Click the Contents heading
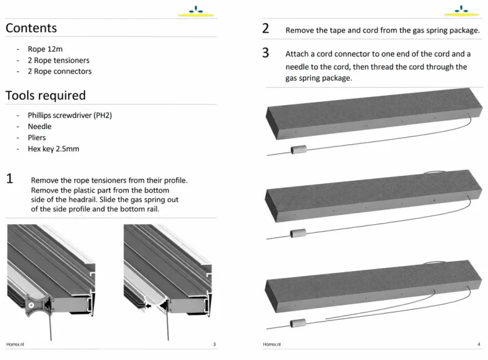pos(31,28)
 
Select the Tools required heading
pos(46,95)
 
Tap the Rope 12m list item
pos(45,49)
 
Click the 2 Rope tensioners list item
pos(59,60)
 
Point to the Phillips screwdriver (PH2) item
pos(69,115)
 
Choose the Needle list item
pos(39,126)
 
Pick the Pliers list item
pos(37,138)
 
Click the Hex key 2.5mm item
pos(53,149)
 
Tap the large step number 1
pos(9,178)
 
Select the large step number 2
pos(265,28)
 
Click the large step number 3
pos(265,53)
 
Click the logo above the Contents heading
pos(196,11)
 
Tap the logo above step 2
pos(462,11)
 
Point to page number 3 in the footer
pos(214,344)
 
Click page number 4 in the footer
pos(479,344)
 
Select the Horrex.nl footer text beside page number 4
pos(272,344)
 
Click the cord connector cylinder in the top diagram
pos(298,150)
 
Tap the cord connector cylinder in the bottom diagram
pos(298,323)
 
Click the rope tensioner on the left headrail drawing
pos(36,305)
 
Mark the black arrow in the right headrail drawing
pos(148,306)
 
